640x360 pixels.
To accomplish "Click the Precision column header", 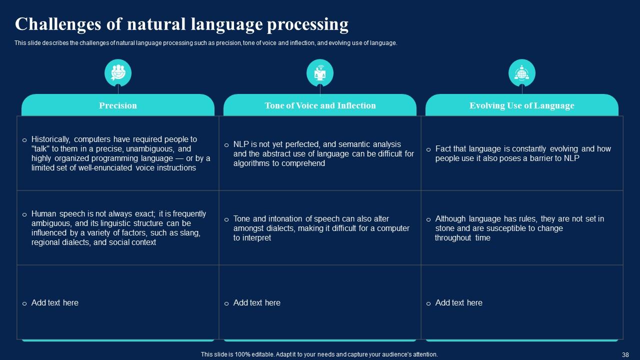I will click(x=118, y=105).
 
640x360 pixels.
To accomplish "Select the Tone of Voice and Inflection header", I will click(x=320, y=105).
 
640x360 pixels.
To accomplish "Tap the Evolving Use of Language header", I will click(x=521, y=105).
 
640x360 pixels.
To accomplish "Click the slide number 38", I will click(x=625, y=354).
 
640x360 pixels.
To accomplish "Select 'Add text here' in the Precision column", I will click(x=55, y=302).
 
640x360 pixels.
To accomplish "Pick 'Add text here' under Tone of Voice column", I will click(x=257, y=302).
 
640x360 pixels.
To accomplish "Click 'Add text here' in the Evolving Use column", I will click(x=459, y=302).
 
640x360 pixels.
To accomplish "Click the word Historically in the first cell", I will click(x=51, y=139).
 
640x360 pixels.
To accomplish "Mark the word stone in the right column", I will click(x=445, y=228).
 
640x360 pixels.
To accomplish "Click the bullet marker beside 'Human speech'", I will click(x=24, y=214).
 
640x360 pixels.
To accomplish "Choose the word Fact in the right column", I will click(x=443, y=149).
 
